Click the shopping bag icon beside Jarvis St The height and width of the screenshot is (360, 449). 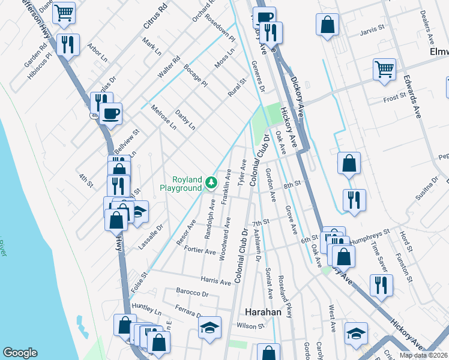click(327, 26)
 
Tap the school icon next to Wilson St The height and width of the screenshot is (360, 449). click(209, 328)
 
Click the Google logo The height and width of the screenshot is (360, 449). click(20, 353)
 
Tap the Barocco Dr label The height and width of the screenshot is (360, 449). click(192, 294)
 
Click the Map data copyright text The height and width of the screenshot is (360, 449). click(423, 355)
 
